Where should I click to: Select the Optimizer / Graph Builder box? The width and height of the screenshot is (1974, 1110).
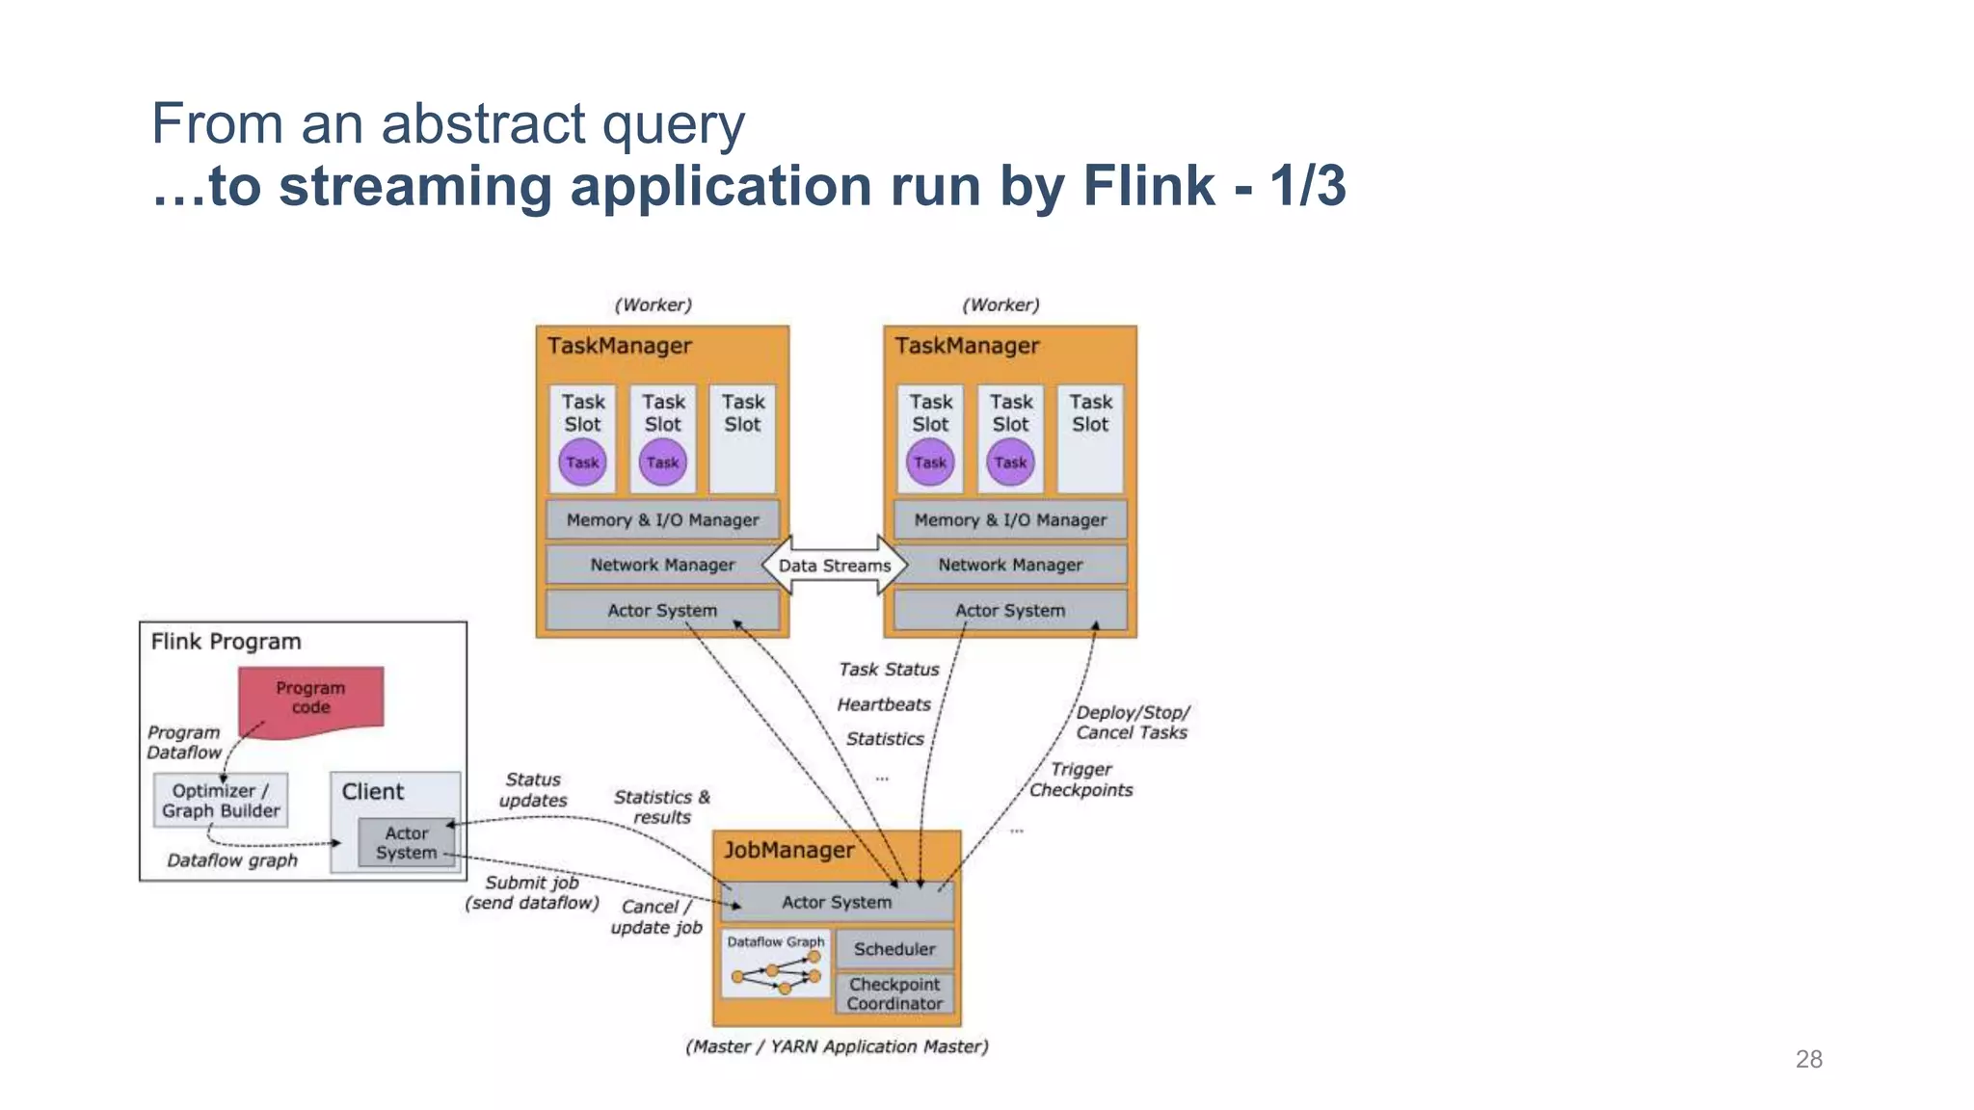221,801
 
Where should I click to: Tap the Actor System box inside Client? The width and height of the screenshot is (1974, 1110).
406,843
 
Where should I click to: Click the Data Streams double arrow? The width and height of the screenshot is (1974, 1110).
835,566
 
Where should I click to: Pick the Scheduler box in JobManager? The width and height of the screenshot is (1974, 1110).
894,949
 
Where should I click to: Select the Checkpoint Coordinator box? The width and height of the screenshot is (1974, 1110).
894,994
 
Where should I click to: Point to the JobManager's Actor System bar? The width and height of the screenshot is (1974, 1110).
837,903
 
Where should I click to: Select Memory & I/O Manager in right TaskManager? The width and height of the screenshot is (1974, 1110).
1010,520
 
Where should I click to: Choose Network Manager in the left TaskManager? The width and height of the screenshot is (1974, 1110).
662,566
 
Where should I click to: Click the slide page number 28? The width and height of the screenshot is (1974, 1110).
1808,1060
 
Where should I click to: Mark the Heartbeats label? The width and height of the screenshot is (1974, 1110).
884,704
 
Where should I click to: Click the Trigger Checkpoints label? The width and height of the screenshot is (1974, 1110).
1080,780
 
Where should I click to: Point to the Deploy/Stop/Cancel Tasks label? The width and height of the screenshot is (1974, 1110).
1133,723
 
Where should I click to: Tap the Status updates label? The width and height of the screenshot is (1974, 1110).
533,790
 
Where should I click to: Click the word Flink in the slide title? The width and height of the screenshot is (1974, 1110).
1148,186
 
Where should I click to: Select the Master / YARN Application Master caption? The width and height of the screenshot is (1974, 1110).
837,1046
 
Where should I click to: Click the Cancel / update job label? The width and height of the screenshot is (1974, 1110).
656,917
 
